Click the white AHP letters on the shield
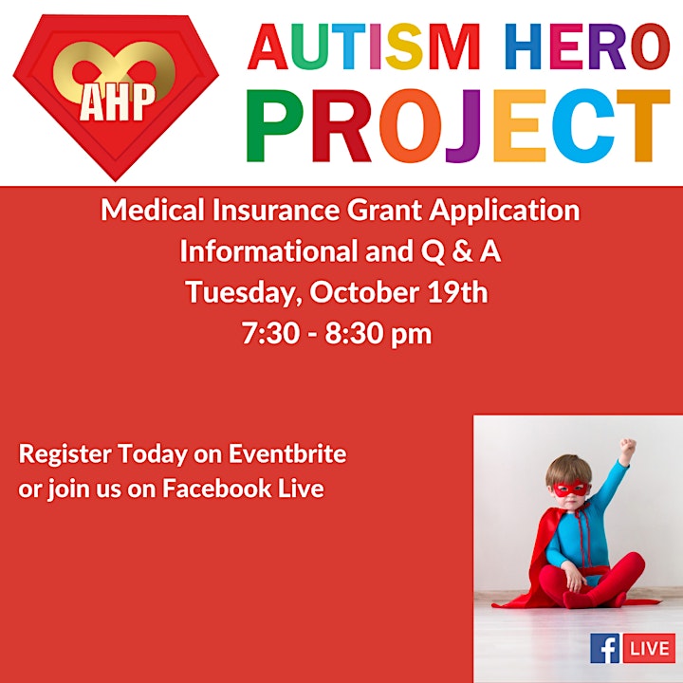118,102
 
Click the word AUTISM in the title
364,47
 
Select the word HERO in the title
587,47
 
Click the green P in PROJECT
275,126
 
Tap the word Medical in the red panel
153,210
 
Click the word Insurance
276,210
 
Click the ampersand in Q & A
462,251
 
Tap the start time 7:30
271,334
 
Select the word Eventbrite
287,453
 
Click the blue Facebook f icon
605,649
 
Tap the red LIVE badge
649,649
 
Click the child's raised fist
628,447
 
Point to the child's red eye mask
571,489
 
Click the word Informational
270,251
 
